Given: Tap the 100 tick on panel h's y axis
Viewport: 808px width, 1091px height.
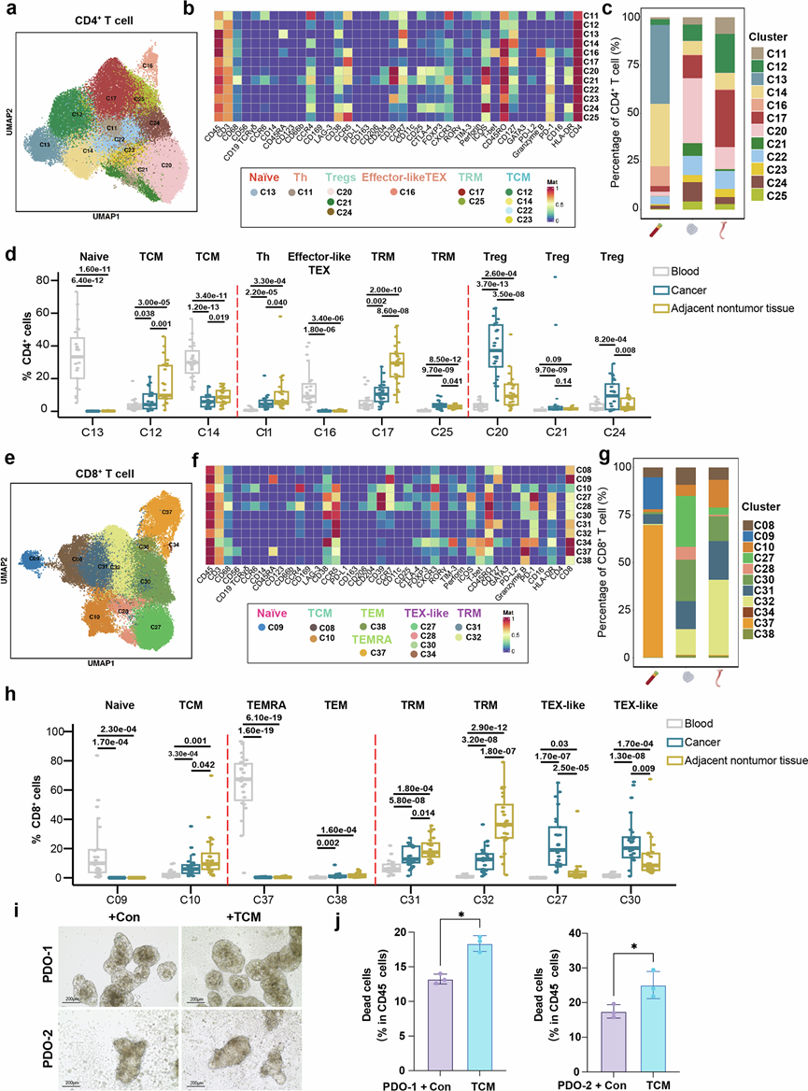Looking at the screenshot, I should point(45,730).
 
